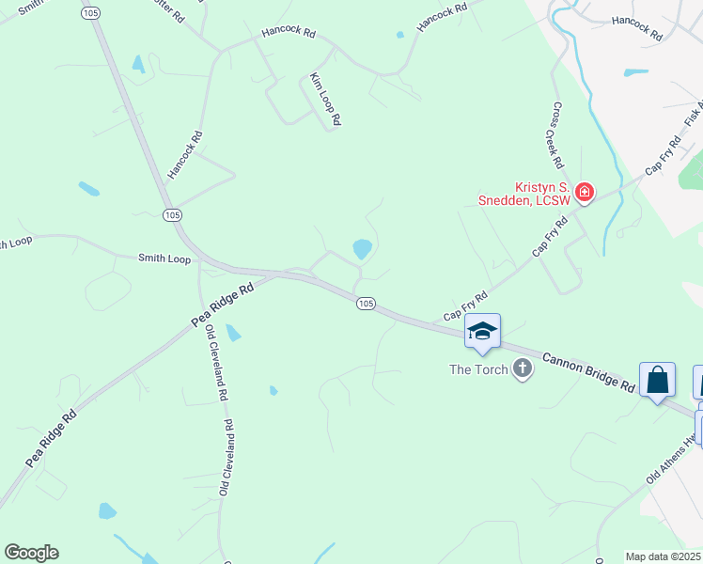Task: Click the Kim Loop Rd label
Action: [x=325, y=100]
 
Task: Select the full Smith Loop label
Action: [x=164, y=258]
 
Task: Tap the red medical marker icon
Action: [x=585, y=193]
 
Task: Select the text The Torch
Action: [x=477, y=369]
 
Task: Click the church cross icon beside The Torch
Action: [x=523, y=369]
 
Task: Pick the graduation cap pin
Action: [x=482, y=331]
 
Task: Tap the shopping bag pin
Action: [x=658, y=380]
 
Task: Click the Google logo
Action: [x=31, y=553]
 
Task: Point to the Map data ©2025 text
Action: [x=664, y=556]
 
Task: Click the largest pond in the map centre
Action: [x=362, y=249]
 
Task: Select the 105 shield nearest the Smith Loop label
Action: [x=171, y=215]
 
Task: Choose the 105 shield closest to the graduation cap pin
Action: [x=367, y=303]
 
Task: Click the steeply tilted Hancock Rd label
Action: [x=185, y=155]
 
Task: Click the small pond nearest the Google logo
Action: [x=107, y=511]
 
